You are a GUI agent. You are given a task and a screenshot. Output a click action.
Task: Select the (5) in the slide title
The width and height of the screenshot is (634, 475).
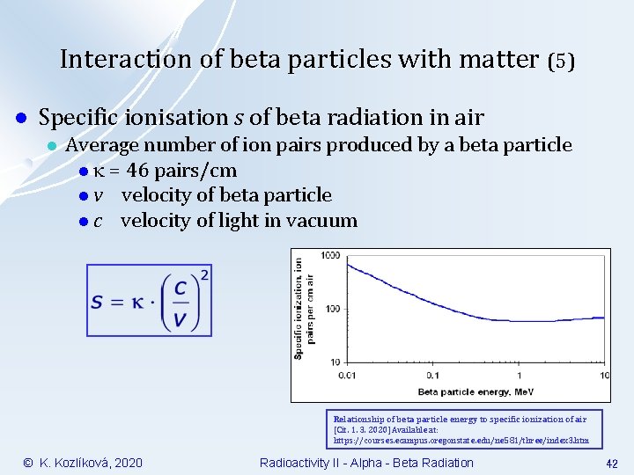tap(561, 61)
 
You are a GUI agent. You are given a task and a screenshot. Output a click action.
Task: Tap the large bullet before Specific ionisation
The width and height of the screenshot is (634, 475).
tap(19, 118)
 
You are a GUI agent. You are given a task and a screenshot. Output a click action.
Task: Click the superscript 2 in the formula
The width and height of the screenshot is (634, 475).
tap(205, 275)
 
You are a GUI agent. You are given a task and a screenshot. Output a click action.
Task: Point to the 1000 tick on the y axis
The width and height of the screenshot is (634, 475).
tap(330, 256)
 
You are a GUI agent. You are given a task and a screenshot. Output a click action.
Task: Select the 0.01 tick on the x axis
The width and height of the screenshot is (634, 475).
tap(348, 375)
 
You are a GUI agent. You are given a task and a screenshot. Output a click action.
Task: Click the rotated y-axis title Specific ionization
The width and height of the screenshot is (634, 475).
tap(305, 308)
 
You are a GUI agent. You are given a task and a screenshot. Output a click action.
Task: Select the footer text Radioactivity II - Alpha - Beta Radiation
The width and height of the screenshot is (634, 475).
tap(366, 463)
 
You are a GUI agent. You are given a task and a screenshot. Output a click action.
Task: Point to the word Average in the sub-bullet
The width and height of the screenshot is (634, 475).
tap(102, 144)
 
